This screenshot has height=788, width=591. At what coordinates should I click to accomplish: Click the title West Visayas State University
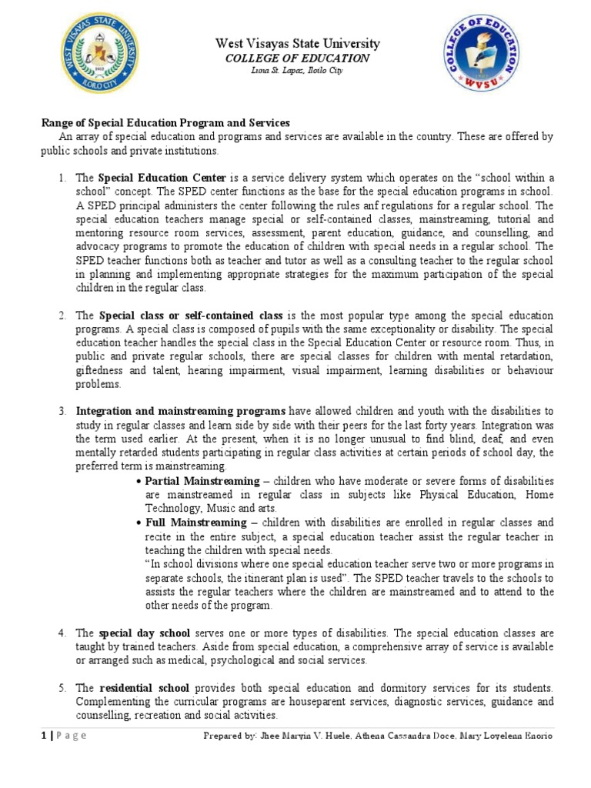[297, 44]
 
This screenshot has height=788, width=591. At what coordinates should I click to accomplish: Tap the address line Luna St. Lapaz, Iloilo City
[297, 71]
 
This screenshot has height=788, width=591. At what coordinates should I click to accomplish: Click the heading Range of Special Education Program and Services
[165, 124]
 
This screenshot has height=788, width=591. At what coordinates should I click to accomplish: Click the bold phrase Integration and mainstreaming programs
[181, 411]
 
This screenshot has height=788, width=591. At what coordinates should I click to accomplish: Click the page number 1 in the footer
[44, 736]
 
